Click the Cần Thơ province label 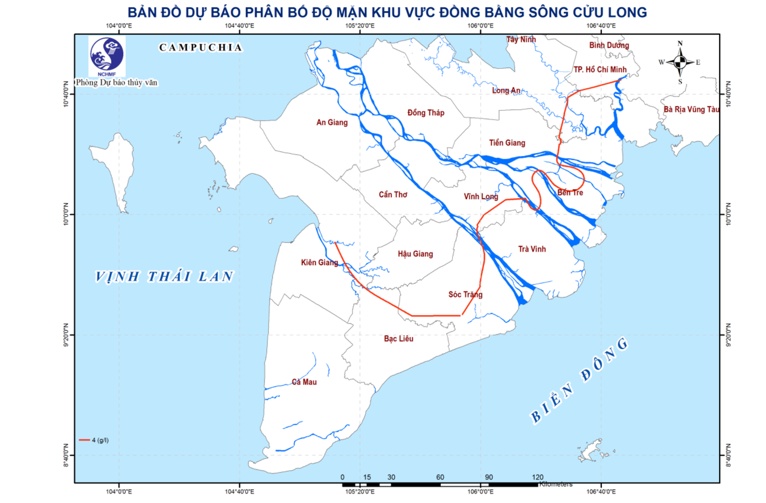click(393, 194)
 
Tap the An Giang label click(332, 122)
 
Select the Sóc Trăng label click(465, 294)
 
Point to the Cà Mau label click(304, 382)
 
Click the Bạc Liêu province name click(398, 338)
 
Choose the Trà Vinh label click(532, 249)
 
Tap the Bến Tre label click(570, 192)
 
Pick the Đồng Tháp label click(425, 112)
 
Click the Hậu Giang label click(415, 253)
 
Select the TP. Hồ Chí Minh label click(600, 69)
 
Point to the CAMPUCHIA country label click(201, 47)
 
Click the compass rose click(679, 62)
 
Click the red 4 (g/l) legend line click(84, 440)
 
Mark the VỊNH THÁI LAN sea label click(164, 277)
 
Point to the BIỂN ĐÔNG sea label click(579, 380)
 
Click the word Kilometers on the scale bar click(556, 484)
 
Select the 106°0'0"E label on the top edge click(480, 25)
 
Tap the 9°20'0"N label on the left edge click(66, 335)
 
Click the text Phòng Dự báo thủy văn click(117, 83)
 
